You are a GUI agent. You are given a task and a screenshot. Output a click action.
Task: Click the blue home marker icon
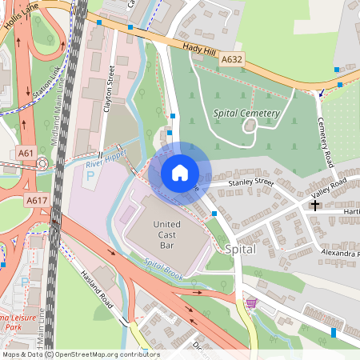click(180, 172)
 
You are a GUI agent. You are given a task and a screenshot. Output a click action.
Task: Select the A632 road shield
click(231, 60)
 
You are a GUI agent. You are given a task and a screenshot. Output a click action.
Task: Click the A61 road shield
click(25, 153)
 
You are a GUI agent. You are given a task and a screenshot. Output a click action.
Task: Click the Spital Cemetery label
click(246, 114)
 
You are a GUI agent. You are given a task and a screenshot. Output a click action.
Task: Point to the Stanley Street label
click(250, 183)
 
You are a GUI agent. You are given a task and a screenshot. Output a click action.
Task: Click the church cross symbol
click(315, 205)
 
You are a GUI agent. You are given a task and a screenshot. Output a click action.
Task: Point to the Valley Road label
click(329, 189)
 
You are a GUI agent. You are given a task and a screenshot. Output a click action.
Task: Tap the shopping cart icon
click(252, 302)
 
